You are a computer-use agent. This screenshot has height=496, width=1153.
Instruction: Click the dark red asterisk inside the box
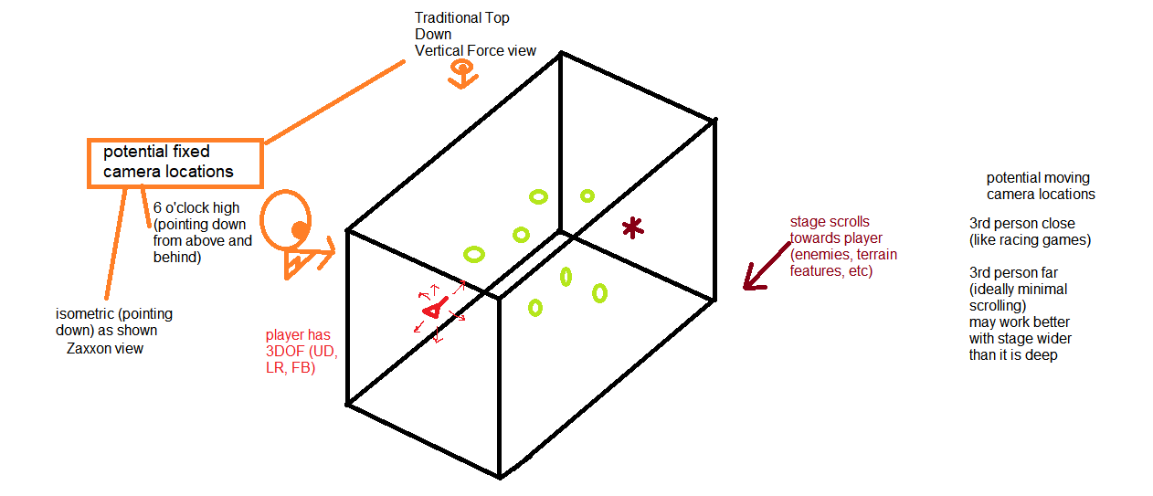[x=631, y=227]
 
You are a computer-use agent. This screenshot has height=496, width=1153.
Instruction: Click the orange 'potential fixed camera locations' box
[x=175, y=163]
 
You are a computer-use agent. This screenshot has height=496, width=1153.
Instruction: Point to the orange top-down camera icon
[x=462, y=74]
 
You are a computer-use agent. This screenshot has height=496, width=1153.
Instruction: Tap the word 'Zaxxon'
[x=90, y=348]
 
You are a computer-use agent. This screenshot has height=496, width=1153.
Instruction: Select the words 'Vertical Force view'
[x=475, y=51]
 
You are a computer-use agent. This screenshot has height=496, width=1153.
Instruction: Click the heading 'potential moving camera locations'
[x=1040, y=185]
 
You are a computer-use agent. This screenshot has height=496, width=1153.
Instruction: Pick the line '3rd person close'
[x=1021, y=224]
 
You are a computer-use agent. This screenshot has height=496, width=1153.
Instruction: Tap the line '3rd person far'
[x=1013, y=273]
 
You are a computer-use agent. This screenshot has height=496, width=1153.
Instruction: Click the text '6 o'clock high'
[x=196, y=208]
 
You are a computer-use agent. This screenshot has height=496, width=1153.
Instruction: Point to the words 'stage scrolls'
[x=830, y=222]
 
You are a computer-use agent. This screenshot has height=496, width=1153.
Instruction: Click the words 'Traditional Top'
[x=460, y=18]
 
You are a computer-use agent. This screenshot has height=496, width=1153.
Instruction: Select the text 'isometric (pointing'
[x=114, y=314]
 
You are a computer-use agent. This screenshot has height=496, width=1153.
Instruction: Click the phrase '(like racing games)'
[x=1031, y=240]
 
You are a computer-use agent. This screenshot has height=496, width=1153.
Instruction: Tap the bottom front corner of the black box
[x=499, y=476]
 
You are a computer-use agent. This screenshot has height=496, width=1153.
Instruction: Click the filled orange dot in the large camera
[x=299, y=227]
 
